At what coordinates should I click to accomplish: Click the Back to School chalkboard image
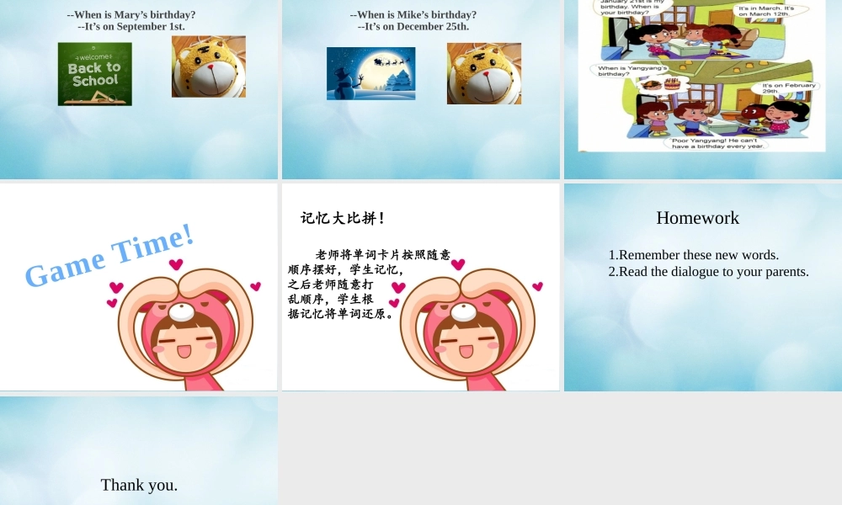94,74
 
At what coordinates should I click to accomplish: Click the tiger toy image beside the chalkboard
209,66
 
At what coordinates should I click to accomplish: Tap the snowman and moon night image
370,73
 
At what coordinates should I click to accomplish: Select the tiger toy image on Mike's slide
484,73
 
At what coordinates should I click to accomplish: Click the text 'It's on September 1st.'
131,27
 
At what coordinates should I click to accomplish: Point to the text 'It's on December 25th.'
413,27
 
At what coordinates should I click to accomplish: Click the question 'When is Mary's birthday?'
131,14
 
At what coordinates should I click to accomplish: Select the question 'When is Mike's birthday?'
413,14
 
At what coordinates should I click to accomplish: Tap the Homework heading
697,218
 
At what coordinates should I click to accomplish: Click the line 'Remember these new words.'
698,255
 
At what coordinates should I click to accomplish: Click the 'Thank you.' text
139,485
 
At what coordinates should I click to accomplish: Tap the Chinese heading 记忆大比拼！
344,219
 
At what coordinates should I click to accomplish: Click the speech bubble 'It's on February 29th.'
787,88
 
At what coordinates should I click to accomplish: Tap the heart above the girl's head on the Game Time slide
175,264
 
